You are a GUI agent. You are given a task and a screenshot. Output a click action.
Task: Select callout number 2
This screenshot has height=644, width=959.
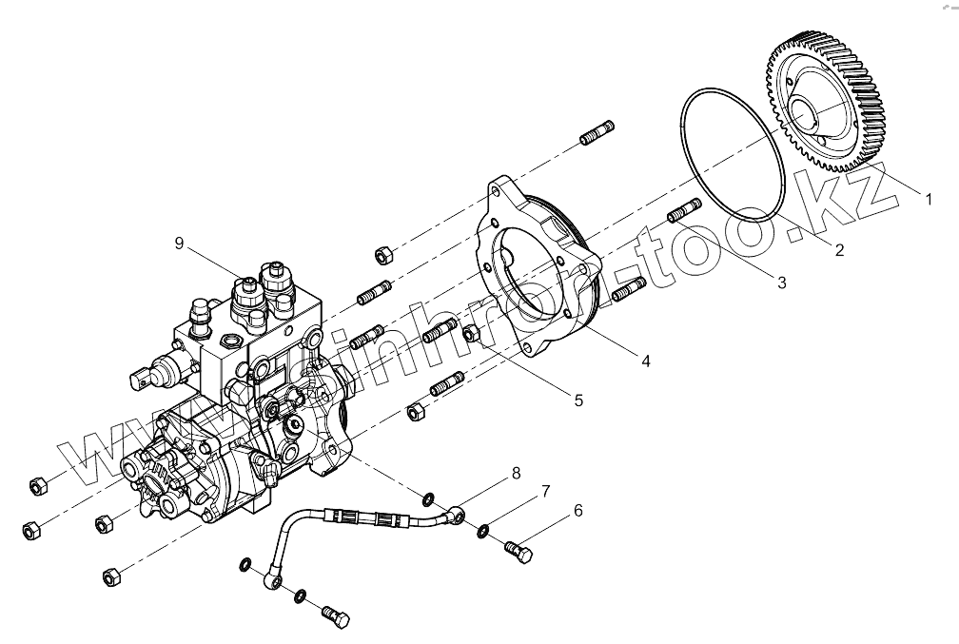tap(840, 251)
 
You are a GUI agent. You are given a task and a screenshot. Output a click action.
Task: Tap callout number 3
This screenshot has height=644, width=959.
tap(781, 282)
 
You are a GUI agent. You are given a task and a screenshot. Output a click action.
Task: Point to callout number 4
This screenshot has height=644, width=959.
tap(646, 361)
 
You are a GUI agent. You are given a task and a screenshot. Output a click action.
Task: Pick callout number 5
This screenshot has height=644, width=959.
tap(578, 400)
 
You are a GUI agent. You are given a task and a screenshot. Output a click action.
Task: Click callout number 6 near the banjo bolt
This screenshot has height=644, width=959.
tap(577, 513)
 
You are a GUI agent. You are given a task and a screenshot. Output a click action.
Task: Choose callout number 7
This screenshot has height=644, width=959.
tap(546, 491)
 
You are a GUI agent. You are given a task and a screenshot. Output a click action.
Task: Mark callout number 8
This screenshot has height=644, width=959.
tap(516, 473)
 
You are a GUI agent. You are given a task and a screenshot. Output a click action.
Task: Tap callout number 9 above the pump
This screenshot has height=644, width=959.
tap(179, 244)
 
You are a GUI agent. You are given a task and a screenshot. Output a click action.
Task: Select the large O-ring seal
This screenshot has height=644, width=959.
tap(732, 152)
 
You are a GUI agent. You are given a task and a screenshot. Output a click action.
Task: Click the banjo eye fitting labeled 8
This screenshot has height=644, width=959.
tap(460, 515)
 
